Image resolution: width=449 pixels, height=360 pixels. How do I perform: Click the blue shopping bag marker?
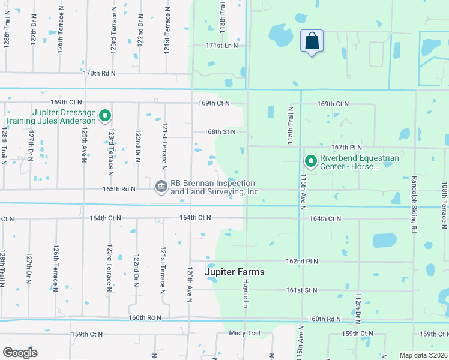(312, 42)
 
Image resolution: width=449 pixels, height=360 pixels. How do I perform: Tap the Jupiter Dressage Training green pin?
(105, 115)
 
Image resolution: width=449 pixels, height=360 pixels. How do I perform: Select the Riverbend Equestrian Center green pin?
(311, 161)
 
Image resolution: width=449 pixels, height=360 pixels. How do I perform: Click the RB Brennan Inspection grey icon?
(161, 187)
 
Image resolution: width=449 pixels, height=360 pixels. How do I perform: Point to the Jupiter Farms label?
(235, 272)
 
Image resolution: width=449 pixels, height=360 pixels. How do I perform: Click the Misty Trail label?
(244, 332)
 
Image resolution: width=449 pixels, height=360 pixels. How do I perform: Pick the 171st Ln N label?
(221, 45)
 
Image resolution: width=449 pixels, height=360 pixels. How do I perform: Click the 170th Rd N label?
(99, 73)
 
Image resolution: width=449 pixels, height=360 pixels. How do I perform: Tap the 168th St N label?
(219, 131)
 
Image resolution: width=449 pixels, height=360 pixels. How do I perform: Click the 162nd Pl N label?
(301, 262)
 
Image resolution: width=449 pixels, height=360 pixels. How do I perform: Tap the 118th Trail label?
(221, 17)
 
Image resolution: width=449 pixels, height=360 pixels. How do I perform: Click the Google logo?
(20, 353)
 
